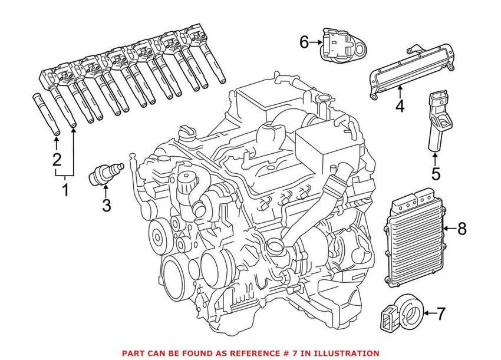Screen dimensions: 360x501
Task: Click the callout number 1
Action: pos(65,190)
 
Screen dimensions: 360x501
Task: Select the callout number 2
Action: pos(57,159)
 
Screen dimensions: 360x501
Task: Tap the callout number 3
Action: pos(106,205)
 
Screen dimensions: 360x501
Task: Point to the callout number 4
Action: pos(400,107)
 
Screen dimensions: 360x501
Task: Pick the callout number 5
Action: pos(436,174)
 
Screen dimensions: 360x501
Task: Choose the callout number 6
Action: pos(304,42)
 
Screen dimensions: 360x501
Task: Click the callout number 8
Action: pos(462,229)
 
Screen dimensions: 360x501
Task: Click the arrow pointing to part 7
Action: pos(427,313)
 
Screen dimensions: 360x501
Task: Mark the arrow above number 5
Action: pos(435,158)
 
